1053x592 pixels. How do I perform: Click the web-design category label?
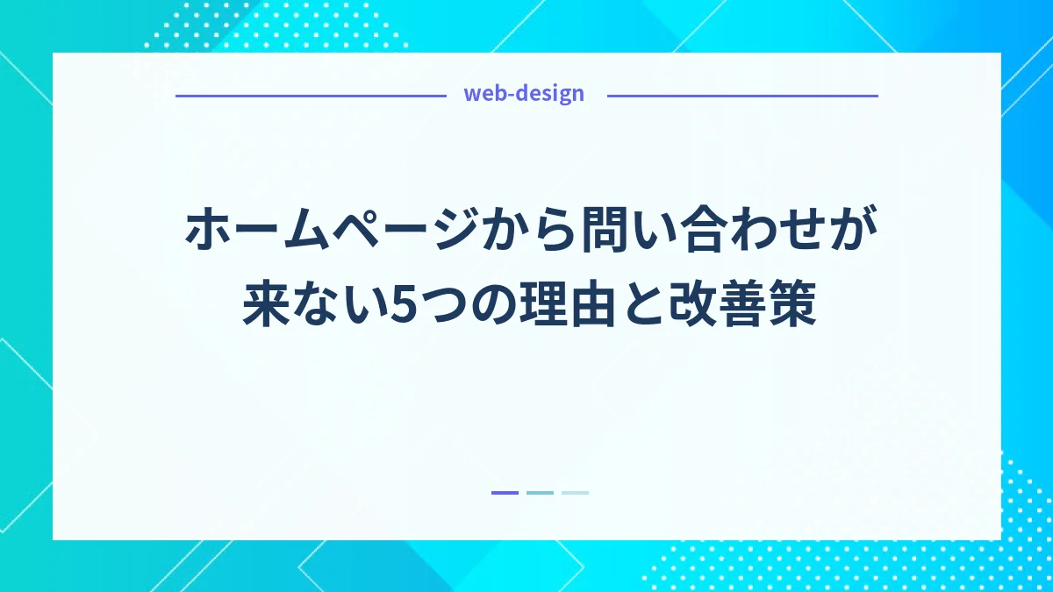[524, 94]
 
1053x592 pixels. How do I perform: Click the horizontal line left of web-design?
[311, 96]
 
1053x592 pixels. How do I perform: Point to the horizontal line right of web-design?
[741, 96]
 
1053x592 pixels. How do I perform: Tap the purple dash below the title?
[505, 493]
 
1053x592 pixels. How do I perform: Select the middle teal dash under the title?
[540, 493]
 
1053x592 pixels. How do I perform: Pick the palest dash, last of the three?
[575, 493]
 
